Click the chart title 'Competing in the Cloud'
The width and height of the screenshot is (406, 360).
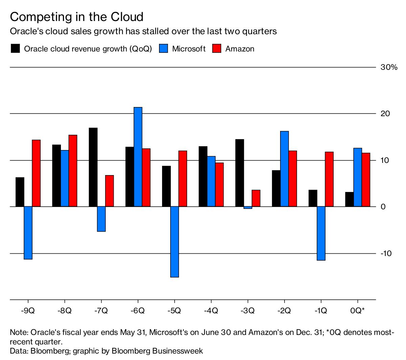point(77,17)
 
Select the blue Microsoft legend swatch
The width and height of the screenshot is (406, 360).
point(163,48)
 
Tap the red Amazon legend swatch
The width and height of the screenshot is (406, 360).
point(217,48)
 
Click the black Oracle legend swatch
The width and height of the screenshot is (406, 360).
point(15,48)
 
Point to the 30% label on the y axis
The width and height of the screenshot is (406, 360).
point(389,67)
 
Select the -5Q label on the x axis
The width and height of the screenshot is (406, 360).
point(174,311)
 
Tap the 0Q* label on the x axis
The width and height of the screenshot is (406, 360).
point(357,311)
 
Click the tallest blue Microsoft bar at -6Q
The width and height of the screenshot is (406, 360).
point(138,157)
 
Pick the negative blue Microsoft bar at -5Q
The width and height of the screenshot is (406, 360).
point(175,242)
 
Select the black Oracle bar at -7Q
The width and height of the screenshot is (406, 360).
point(93,167)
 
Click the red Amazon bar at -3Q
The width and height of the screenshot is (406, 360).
point(256,198)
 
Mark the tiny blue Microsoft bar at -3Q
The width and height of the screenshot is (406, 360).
point(248,208)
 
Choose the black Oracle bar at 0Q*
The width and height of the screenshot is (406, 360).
point(349,199)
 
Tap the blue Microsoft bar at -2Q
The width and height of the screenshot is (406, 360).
point(285,169)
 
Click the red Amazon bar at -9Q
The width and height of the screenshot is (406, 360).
point(36,173)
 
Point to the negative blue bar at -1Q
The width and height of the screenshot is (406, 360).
point(321,233)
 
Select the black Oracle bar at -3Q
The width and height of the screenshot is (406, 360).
point(240,173)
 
